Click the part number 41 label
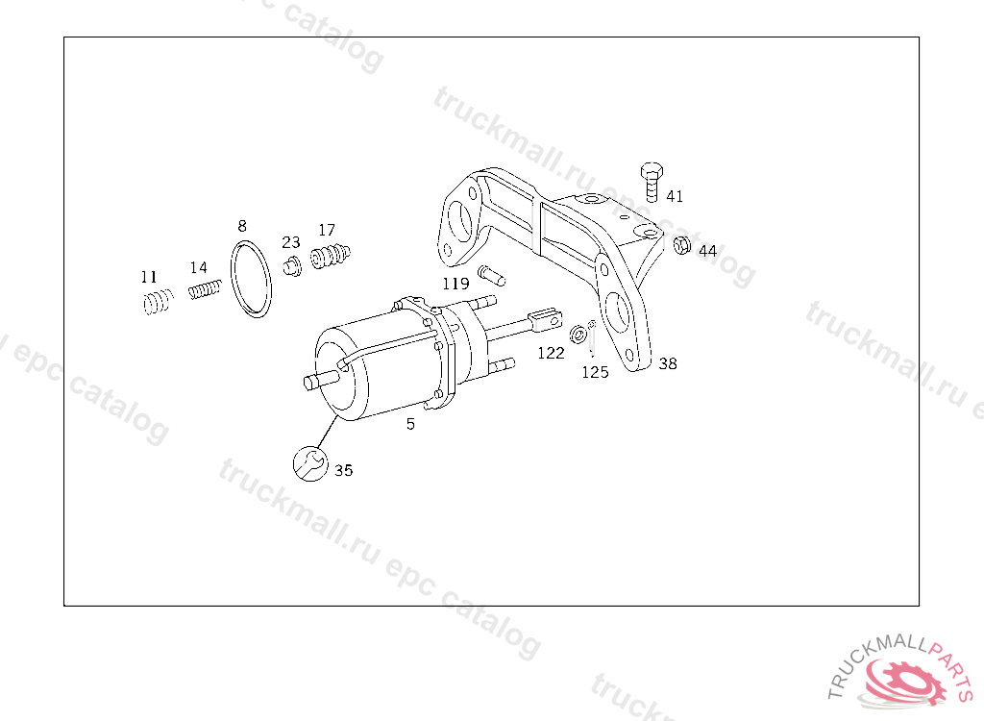[675, 196]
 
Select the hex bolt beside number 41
[652, 182]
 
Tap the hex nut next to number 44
[681, 244]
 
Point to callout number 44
[708, 251]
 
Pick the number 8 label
[242, 226]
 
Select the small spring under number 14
[205, 289]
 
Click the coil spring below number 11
[157, 302]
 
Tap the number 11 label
[149, 277]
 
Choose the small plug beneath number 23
[292, 266]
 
